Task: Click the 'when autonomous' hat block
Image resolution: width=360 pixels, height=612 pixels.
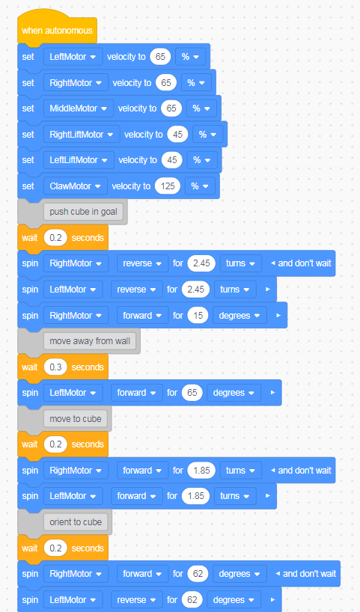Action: [x=57, y=31]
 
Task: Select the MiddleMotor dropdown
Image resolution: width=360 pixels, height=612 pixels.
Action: [x=79, y=108]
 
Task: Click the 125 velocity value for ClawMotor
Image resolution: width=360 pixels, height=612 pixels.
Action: [x=168, y=186]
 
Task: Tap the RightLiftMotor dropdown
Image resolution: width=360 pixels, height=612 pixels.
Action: [x=82, y=135]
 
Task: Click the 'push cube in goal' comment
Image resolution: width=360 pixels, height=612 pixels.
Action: [x=83, y=212]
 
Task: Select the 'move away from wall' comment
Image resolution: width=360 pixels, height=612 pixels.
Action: [x=90, y=341]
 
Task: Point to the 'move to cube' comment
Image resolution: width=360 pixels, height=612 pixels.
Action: [x=76, y=419]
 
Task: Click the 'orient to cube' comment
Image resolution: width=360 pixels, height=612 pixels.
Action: [x=76, y=522]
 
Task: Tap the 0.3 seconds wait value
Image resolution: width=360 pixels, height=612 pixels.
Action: [x=55, y=367]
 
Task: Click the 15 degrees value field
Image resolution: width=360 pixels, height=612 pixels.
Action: [x=198, y=316]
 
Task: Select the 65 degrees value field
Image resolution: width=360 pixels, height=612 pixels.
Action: [x=192, y=393]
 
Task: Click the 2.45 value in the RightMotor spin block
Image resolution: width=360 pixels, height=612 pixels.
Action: [x=201, y=263]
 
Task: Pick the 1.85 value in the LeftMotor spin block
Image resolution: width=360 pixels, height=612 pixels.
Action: [x=195, y=496]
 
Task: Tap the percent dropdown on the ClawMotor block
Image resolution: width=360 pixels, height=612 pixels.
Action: [x=201, y=186]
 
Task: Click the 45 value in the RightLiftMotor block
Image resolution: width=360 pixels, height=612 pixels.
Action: [x=177, y=135]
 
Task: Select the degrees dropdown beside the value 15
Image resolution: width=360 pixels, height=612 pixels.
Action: [x=240, y=316]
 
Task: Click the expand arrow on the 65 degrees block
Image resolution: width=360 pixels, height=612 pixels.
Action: [x=272, y=393]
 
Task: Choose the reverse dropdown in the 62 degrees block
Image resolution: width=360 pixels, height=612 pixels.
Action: [x=137, y=600]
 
